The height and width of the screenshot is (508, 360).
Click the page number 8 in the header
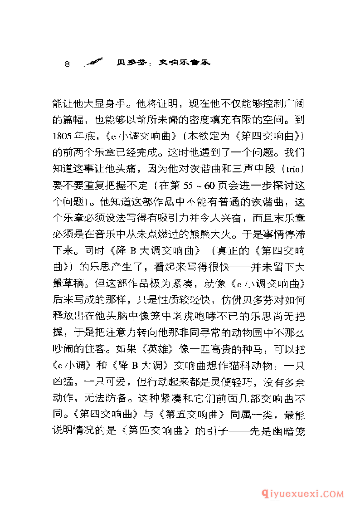click(x=67, y=63)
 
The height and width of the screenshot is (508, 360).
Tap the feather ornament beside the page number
click(x=93, y=62)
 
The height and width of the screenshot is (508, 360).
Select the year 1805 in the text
click(x=62, y=136)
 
